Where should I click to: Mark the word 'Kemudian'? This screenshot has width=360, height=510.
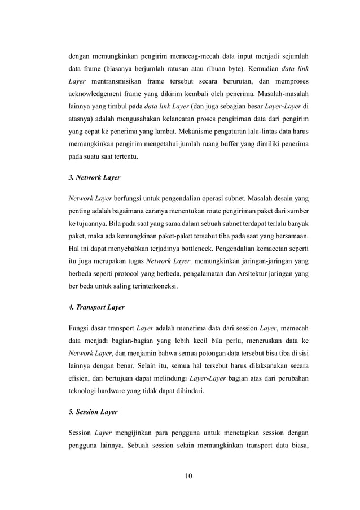(x=257, y=69)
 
